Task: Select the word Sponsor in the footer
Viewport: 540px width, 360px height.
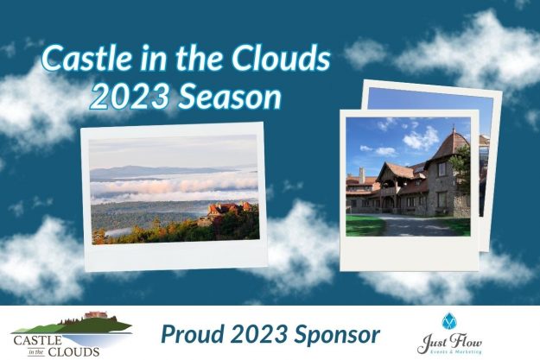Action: [x=338, y=332]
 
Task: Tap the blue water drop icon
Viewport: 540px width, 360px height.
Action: [x=448, y=320]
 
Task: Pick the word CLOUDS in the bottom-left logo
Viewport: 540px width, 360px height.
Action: [x=76, y=351]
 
